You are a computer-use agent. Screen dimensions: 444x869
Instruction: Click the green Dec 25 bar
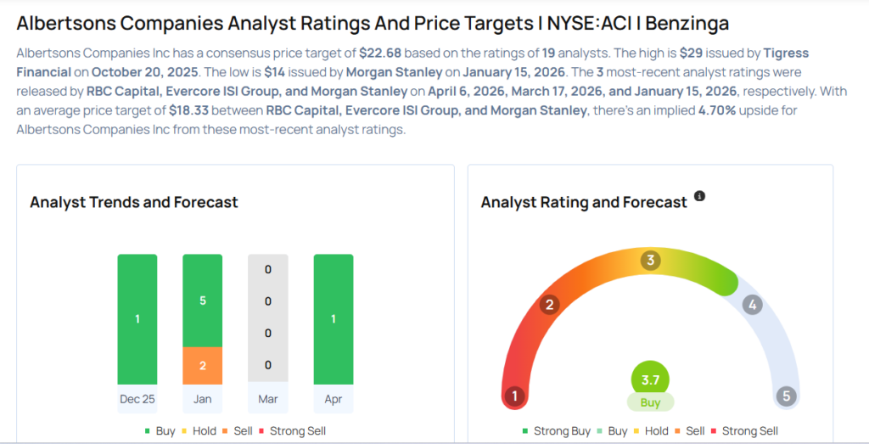pos(137,318)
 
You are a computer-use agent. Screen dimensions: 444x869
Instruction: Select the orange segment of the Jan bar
pos(202,365)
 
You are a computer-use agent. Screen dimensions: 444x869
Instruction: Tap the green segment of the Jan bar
pos(202,301)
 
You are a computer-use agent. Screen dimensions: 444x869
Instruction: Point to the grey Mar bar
pos(267,318)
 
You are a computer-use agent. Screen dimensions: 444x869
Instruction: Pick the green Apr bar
pos(334,318)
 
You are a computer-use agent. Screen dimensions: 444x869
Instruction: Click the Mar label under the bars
pos(267,397)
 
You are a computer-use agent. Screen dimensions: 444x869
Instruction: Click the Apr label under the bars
pos(334,397)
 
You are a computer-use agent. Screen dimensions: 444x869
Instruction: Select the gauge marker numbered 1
pos(513,396)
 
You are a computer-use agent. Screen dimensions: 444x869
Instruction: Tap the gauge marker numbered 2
pos(550,305)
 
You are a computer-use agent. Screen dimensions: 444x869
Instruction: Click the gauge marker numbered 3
pos(651,260)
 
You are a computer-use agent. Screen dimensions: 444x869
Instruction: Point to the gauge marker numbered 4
pos(751,305)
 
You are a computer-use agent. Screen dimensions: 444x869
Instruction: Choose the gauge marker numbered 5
pos(787,396)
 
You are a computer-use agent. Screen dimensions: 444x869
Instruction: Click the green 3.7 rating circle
pos(651,379)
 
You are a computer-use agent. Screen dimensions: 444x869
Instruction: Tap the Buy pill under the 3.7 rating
pos(651,402)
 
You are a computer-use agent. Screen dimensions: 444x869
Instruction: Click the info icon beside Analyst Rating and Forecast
pos(699,196)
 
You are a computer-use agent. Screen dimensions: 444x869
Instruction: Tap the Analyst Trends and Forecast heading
pos(134,202)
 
